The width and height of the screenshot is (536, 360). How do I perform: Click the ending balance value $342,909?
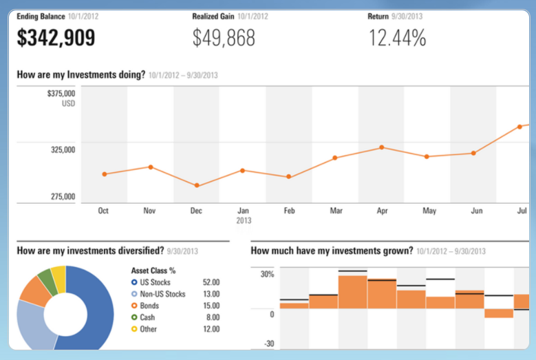click(56, 39)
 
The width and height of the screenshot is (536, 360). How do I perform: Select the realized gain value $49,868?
click(224, 39)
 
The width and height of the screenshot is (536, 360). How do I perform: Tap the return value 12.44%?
click(397, 39)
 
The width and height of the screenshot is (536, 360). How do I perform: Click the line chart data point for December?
click(197, 185)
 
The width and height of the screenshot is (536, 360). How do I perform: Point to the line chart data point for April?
click(381, 147)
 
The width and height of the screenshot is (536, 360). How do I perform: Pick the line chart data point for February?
click(289, 177)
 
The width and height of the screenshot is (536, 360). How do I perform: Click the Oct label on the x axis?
click(104, 211)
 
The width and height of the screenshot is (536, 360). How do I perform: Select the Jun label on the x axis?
click(475, 211)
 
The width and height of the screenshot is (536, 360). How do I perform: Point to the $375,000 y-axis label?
click(61, 94)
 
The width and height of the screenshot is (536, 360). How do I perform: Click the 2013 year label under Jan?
click(244, 221)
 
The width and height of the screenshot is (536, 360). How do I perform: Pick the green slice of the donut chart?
click(45, 279)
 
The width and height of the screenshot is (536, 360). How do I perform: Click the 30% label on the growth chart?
click(266, 274)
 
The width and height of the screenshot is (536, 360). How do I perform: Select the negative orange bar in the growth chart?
click(498, 313)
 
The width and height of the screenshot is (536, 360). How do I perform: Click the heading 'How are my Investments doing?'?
click(81, 74)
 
